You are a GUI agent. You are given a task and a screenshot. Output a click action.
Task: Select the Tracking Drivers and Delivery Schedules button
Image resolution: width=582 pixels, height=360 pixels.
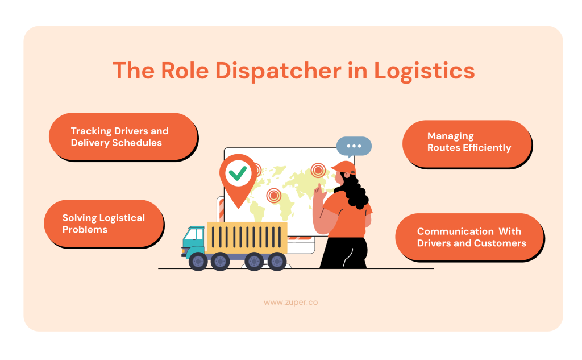122,137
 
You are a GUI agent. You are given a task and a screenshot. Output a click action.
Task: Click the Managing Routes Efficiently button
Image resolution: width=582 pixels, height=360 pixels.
466,143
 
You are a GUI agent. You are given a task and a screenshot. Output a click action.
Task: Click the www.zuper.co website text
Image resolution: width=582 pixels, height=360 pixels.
290,303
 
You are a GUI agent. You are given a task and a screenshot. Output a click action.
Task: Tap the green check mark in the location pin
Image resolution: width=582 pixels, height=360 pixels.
237,173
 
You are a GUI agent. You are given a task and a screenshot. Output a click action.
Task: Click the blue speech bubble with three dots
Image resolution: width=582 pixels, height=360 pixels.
354,147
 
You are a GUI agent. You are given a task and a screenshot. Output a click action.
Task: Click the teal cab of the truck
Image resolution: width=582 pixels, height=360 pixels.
194,242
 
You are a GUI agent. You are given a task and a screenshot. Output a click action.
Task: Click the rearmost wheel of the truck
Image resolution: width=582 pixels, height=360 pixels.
277,262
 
